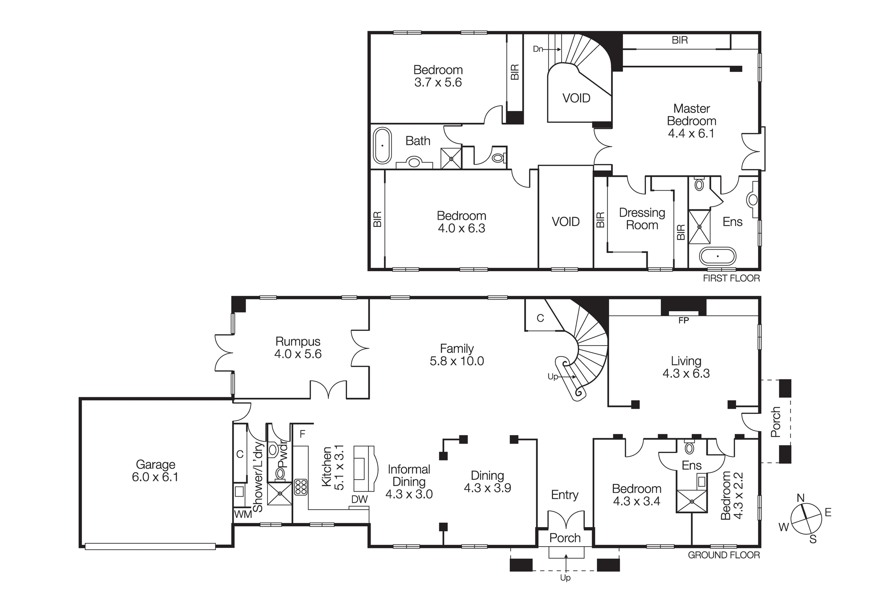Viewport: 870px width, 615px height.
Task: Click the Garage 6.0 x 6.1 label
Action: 155,471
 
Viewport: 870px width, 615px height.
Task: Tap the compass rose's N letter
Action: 800,498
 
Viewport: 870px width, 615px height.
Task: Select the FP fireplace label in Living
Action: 683,321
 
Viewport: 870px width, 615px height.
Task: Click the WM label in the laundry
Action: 243,514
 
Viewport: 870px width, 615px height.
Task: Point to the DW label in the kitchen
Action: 359,500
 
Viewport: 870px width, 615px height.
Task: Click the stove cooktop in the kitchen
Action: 301,487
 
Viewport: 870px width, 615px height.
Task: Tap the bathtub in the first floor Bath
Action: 382,146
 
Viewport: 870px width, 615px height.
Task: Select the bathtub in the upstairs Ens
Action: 718,256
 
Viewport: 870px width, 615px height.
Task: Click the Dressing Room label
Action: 642,219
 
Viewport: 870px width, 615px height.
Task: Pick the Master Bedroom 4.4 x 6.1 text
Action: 691,121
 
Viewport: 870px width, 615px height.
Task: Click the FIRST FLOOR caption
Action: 731,279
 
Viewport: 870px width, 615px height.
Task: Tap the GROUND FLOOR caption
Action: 724,555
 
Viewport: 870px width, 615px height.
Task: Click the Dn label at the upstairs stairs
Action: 538,49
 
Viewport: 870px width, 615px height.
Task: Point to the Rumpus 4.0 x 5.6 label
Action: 298,348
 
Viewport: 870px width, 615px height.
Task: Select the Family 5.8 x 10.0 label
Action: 457,355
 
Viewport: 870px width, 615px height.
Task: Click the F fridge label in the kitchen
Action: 302,434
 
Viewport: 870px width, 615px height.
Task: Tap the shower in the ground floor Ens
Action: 691,501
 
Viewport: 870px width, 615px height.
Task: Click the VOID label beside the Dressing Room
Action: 565,222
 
